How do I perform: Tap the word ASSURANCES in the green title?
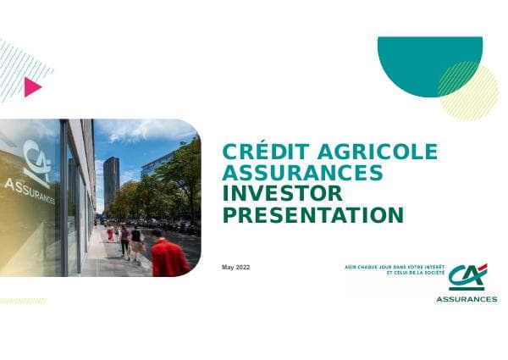(302, 174)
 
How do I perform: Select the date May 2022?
(236, 268)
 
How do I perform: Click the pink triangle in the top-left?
(32, 86)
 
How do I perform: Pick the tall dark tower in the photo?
(111, 181)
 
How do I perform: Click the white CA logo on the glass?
(36, 162)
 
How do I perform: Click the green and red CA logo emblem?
(467, 277)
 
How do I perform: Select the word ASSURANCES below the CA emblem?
(467, 299)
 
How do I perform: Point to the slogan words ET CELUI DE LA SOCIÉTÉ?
(415, 274)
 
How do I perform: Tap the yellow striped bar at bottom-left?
(24, 301)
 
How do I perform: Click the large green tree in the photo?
(181, 174)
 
